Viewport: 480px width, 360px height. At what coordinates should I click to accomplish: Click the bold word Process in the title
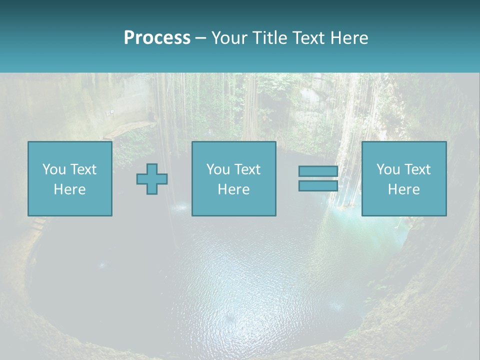tap(157, 38)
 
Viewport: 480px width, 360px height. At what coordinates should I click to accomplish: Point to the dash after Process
tap(200, 38)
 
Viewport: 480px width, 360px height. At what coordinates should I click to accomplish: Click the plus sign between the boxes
tap(152, 179)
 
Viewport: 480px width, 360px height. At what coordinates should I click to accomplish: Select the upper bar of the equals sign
tap(318, 171)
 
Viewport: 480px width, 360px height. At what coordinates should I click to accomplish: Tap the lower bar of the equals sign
tap(318, 185)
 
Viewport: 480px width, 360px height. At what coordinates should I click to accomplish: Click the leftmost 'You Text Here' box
tap(70, 178)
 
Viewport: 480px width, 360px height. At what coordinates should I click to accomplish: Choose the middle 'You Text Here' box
tap(234, 178)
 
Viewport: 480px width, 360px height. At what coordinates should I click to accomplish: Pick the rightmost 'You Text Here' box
tap(404, 178)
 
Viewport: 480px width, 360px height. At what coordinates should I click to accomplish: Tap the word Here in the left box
tap(70, 189)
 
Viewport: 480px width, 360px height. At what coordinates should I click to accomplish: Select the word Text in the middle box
tap(247, 169)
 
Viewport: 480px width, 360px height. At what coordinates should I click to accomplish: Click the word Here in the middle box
tap(234, 189)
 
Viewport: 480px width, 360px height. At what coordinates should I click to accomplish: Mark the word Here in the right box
tap(404, 189)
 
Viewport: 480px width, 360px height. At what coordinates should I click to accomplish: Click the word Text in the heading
tap(307, 38)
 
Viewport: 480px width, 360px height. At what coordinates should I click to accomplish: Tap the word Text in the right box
tap(417, 169)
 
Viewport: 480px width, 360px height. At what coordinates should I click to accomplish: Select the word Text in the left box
tap(83, 169)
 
